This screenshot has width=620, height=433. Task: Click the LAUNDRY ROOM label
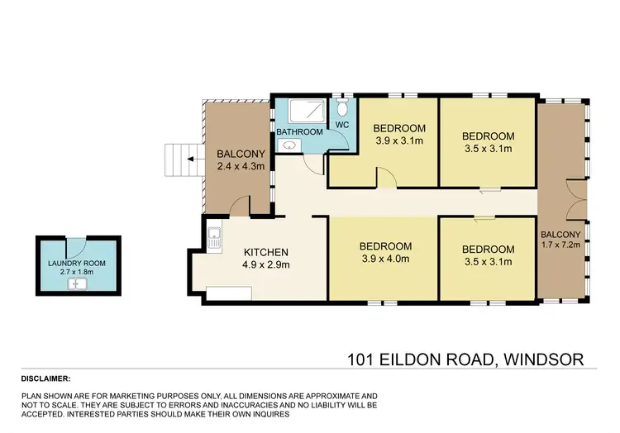76,264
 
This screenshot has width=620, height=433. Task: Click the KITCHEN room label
265,252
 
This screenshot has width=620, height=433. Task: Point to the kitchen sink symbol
214,239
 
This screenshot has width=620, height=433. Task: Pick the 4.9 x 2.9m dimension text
265,265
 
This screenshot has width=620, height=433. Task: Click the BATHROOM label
299,132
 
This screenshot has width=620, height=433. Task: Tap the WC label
341,126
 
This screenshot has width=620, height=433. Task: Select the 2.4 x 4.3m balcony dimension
241,167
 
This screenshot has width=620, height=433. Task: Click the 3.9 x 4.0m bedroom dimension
385,259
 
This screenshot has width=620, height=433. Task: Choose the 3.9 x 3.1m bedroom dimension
399,140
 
